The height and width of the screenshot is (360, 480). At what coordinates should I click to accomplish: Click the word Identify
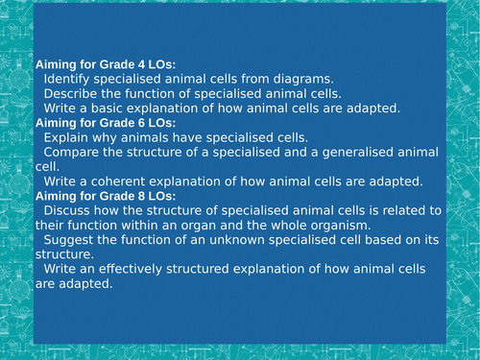(67, 79)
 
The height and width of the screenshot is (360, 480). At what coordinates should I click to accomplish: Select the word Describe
(72, 94)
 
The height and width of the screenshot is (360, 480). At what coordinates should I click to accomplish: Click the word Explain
(67, 137)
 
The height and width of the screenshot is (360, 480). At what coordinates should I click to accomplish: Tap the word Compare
(73, 152)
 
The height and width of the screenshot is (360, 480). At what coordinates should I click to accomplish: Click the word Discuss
(68, 210)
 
